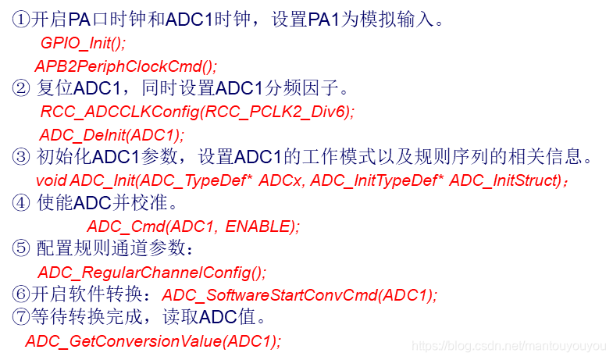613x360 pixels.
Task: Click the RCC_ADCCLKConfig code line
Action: (x=197, y=111)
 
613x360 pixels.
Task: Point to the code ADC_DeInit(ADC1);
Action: (x=112, y=134)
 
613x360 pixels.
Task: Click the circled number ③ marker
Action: (x=21, y=157)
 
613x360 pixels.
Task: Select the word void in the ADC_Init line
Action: (x=52, y=180)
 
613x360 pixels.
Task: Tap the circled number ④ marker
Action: (x=21, y=203)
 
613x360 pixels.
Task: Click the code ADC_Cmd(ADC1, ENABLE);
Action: (x=193, y=226)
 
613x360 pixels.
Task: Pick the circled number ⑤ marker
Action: (x=21, y=249)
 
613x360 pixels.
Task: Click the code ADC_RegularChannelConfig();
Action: (x=152, y=273)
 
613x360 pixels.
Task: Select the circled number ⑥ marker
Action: (x=21, y=295)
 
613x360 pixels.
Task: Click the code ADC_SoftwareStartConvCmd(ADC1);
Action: (x=300, y=295)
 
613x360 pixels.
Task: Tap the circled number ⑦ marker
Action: (x=21, y=317)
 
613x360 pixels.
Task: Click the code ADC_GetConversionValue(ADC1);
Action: (x=153, y=340)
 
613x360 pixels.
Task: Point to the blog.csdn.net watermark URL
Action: (x=508, y=345)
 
